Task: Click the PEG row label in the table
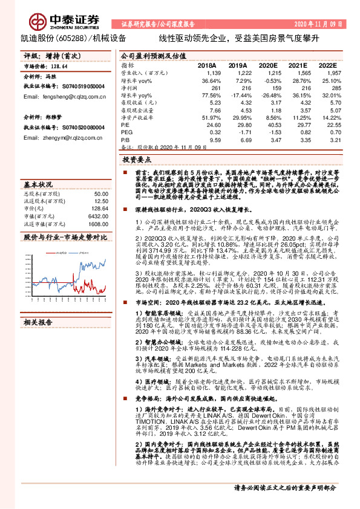(126, 131)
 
